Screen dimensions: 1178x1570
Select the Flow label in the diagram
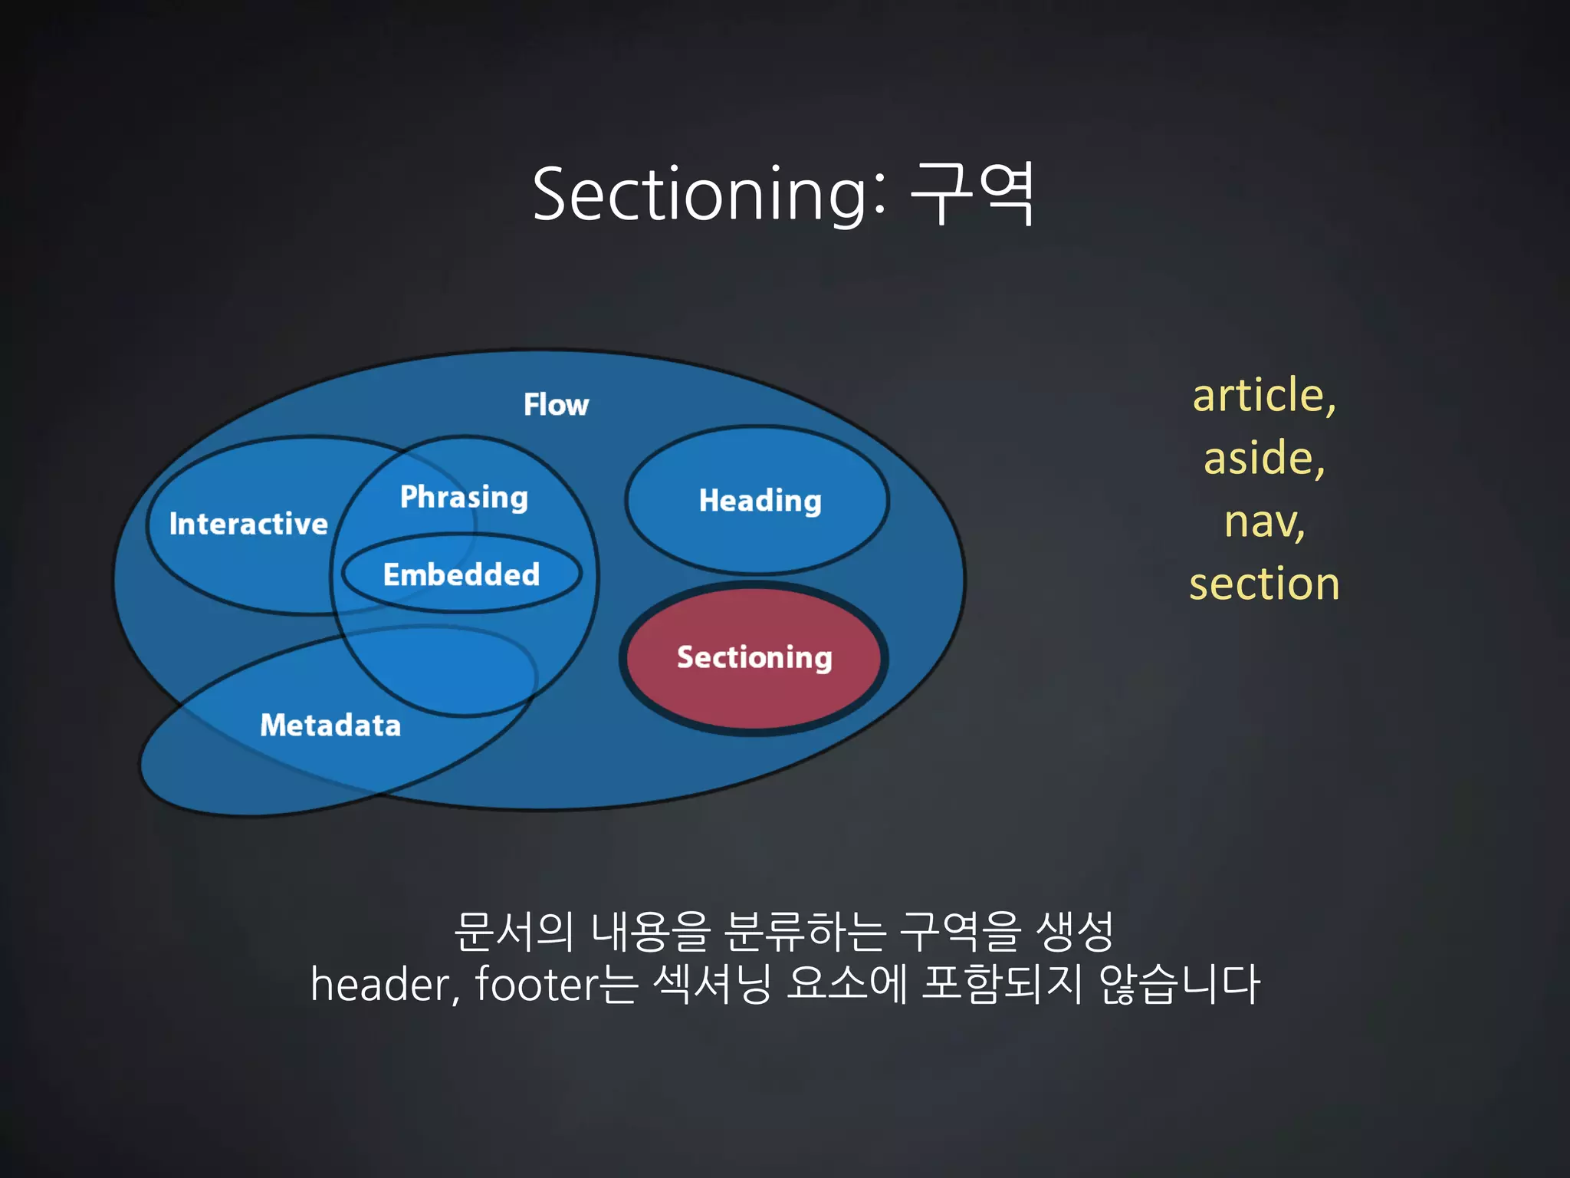[556, 404]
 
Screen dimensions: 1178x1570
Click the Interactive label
[248, 524]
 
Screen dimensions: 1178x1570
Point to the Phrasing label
[464, 497]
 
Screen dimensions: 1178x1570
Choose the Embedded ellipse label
[461, 574]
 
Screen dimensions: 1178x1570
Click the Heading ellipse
[760, 500]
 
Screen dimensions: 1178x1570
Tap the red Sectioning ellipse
[754, 657]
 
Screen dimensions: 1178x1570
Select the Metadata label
[330, 725]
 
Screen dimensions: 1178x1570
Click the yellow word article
[1263, 395]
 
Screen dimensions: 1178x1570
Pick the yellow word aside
[1263, 458]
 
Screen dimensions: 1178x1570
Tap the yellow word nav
[1263, 521]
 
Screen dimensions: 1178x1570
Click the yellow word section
[1264, 584]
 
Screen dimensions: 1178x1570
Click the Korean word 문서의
[514, 931]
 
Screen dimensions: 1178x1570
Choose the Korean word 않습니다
[1179, 984]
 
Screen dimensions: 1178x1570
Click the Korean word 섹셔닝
[712, 984]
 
